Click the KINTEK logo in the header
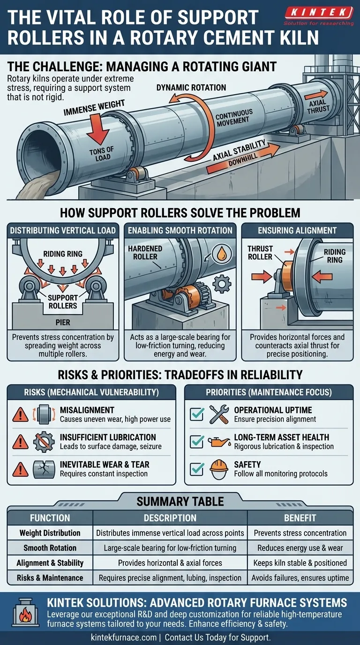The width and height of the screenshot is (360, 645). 318,12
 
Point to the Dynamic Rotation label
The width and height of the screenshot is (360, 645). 191,88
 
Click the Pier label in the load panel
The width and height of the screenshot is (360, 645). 62,323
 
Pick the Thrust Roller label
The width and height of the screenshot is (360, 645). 260,253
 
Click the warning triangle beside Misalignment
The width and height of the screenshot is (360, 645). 20,415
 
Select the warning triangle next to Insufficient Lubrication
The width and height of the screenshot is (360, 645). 20,442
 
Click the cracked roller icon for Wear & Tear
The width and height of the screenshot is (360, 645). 45,469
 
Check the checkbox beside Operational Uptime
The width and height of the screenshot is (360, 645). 196,414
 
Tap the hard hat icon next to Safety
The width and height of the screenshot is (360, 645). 219,469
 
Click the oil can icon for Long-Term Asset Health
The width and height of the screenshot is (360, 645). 219,442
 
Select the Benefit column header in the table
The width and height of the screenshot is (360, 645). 300,518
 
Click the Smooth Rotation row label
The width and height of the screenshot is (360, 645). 50,547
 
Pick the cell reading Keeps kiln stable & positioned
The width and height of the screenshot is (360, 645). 300,562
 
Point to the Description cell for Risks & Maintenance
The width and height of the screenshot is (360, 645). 170,578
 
